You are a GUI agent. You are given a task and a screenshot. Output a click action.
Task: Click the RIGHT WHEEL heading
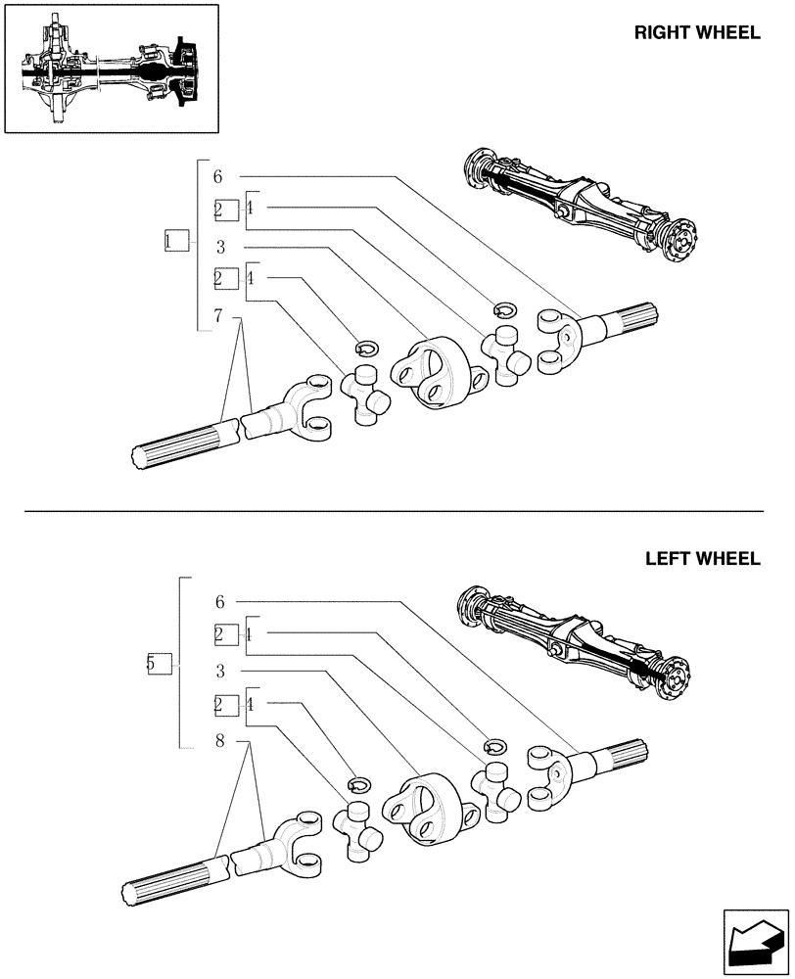[696, 32]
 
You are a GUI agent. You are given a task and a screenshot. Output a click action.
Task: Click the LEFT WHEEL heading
[702, 559]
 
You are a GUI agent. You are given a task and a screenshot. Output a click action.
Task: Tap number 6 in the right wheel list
[217, 177]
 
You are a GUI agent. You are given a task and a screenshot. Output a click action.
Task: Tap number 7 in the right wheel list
[217, 315]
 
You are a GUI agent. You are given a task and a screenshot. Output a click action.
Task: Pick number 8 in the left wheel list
[220, 741]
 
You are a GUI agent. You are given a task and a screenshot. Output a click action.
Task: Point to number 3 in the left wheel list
[220, 671]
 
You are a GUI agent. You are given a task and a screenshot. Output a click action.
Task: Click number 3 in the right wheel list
[221, 247]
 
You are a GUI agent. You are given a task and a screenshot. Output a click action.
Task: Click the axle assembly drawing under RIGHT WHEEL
[583, 206]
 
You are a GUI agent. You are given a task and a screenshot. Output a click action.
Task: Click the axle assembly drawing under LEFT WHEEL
[578, 636]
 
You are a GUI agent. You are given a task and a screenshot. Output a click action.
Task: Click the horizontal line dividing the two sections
[392, 511]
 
